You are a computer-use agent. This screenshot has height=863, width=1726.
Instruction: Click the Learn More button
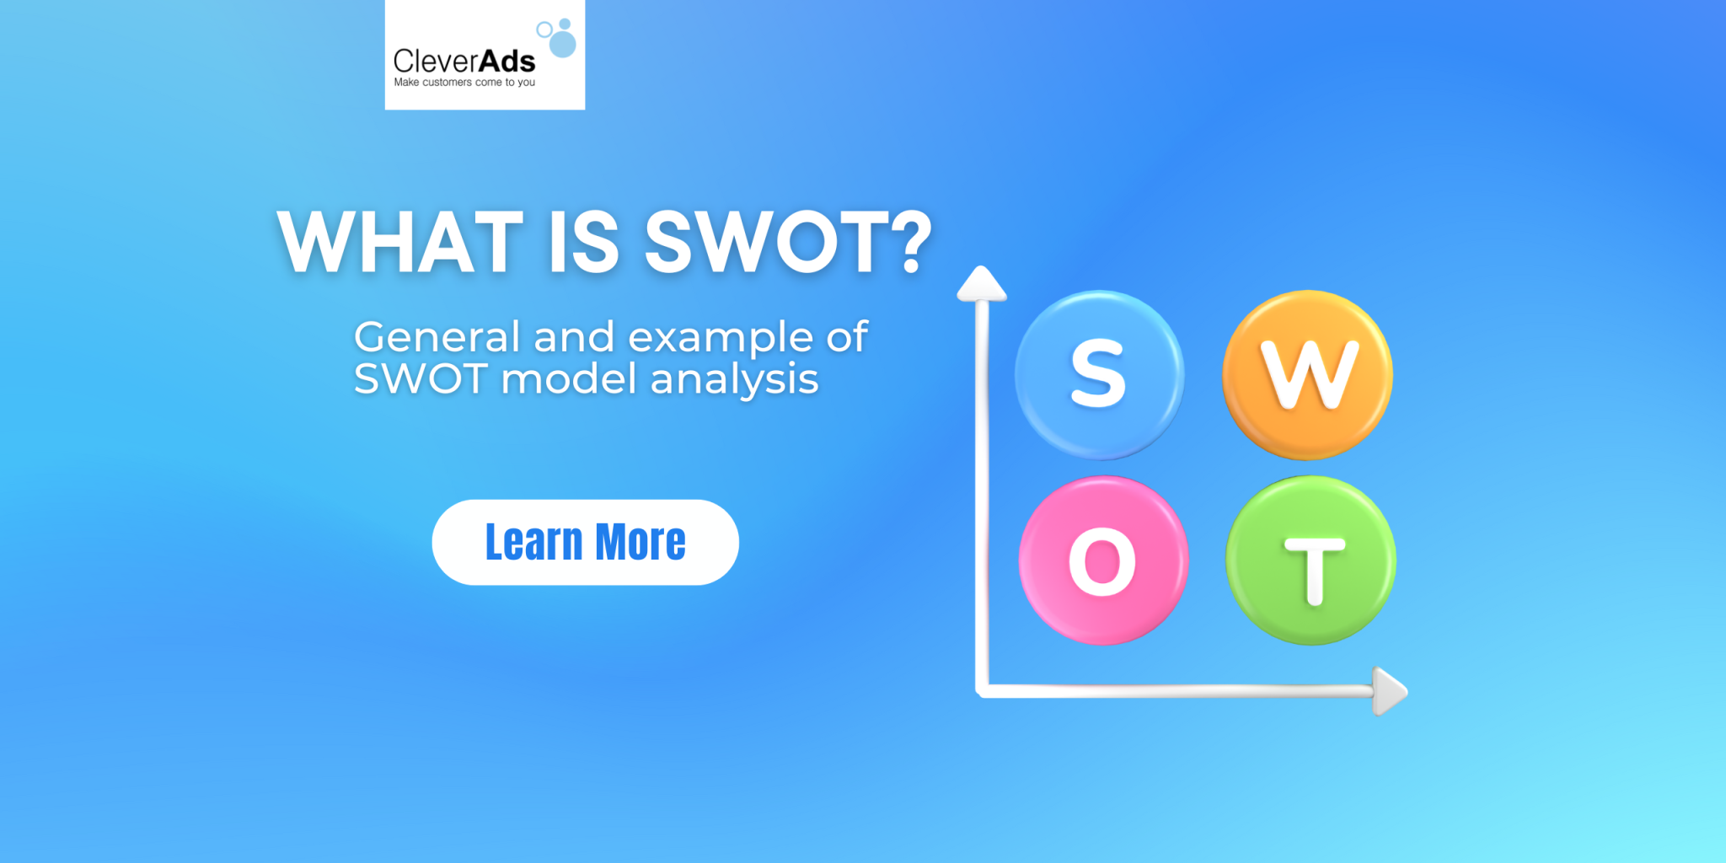(x=585, y=542)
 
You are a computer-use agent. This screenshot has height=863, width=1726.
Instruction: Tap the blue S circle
(x=1099, y=374)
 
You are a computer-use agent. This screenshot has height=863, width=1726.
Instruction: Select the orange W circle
(x=1307, y=374)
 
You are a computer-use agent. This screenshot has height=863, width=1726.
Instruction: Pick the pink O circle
(x=1103, y=560)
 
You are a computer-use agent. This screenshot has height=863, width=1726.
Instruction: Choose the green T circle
(x=1311, y=560)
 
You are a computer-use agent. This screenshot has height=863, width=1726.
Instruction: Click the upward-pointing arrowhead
(x=981, y=283)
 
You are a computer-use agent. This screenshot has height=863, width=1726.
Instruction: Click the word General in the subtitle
(x=437, y=337)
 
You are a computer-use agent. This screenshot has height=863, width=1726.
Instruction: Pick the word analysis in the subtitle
(x=734, y=380)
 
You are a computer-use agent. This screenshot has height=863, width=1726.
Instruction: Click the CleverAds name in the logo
(x=464, y=61)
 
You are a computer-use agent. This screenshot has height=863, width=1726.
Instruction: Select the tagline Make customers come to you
(x=464, y=83)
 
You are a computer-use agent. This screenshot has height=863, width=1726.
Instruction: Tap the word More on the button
(x=641, y=542)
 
